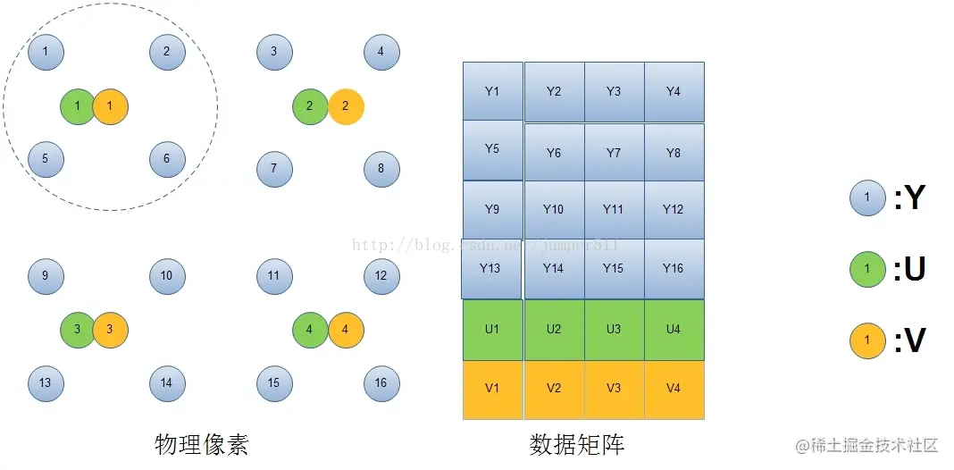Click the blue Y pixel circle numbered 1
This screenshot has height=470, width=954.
46,52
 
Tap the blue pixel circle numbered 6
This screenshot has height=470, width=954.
167,160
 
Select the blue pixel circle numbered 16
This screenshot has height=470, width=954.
381,383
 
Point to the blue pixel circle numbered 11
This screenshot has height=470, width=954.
274,276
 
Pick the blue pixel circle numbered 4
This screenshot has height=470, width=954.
381,52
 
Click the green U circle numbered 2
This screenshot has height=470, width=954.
310,106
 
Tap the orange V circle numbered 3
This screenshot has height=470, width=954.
110,330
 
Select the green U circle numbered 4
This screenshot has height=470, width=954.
310,330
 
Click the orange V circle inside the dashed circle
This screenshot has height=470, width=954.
110,106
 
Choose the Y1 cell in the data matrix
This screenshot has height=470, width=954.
492,91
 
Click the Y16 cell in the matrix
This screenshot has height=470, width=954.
674,268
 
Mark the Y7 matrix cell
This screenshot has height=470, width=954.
614,153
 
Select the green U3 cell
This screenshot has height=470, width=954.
614,330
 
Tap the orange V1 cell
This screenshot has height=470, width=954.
492,389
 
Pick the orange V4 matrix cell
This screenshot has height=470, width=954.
674,389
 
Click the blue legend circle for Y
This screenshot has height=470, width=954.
867,197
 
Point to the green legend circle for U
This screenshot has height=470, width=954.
867,269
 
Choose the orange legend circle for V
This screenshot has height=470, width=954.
867,340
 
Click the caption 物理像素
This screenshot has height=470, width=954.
202,444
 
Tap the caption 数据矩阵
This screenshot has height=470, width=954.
577,444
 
